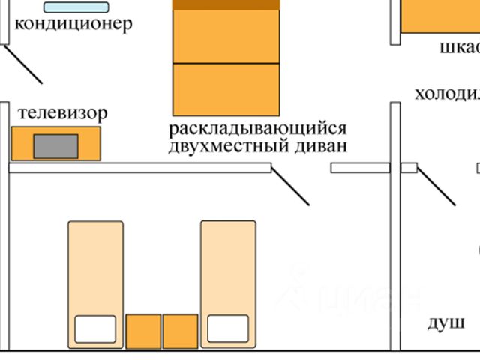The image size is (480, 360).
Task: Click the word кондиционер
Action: point(73,23)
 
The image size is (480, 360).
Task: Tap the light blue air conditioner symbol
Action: point(76,7)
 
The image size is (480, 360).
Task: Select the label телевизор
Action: point(63,113)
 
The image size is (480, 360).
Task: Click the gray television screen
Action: point(55,145)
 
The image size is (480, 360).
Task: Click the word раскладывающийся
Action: point(258,128)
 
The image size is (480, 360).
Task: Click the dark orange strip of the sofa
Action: point(226,4)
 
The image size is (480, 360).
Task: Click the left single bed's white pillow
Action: point(95,328)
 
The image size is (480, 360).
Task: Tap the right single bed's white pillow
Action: point(227,328)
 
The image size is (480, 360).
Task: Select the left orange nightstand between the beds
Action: point(143,331)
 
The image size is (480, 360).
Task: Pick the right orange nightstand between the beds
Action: point(180,331)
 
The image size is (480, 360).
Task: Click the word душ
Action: point(445,323)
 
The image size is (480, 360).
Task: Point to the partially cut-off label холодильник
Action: point(447,94)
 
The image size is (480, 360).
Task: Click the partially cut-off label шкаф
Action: point(459,48)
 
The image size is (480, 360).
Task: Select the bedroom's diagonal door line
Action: point(289,186)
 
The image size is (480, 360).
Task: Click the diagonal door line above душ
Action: point(436,187)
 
